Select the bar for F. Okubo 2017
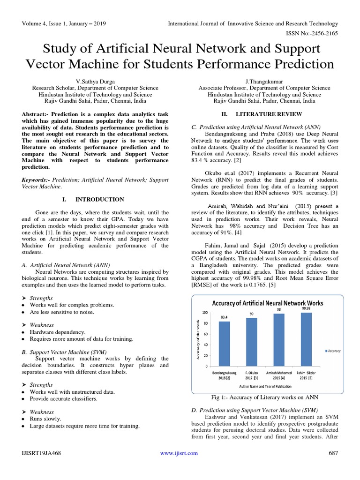coord(251,342)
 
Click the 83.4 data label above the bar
coord(225,317)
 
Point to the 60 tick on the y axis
coord(204,334)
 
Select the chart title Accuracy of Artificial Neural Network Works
coord(268,303)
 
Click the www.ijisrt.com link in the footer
coord(179,453)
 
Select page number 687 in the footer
coord(333,453)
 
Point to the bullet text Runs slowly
coord(45,419)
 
